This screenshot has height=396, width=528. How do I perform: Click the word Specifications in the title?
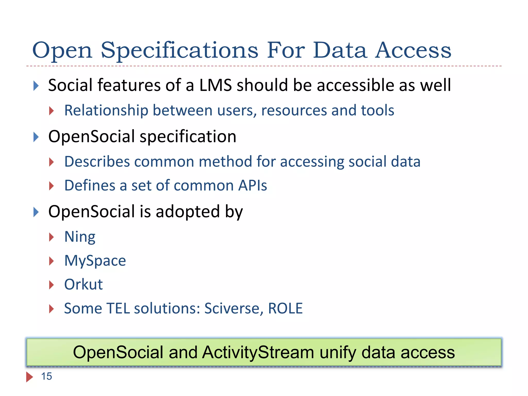(179, 51)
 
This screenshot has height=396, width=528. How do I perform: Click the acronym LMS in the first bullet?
(216, 85)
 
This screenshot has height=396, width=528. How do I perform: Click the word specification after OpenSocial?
(188, 137)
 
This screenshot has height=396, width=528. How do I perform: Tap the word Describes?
(97, 162)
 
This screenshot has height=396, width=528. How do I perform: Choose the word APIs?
(252, 186)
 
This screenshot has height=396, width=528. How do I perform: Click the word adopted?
(188, 212)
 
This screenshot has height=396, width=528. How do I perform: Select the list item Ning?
(80, 237)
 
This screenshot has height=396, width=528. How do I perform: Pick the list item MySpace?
(95, 261)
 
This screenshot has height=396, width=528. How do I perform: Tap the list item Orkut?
(83, 285)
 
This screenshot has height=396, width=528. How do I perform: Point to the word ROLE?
(285, 308)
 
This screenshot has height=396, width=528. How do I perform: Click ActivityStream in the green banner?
(258, 352)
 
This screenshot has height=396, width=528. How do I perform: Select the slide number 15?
(46, 376)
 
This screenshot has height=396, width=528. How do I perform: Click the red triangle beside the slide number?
(29, 377)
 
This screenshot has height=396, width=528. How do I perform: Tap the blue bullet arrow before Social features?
(36, 86)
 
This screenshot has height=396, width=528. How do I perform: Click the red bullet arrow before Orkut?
(51, 285)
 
